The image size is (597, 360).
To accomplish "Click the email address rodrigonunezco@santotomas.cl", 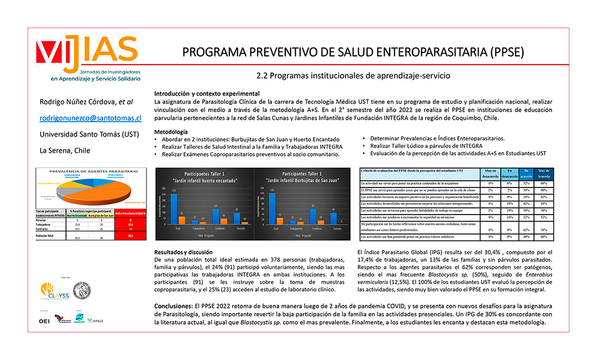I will [x=91, y=118].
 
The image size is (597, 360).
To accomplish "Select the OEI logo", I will [x=44, y=321].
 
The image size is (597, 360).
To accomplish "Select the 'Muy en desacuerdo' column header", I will [x=490, y=174].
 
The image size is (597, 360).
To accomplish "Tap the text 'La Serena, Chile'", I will [x=65, y=150].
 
